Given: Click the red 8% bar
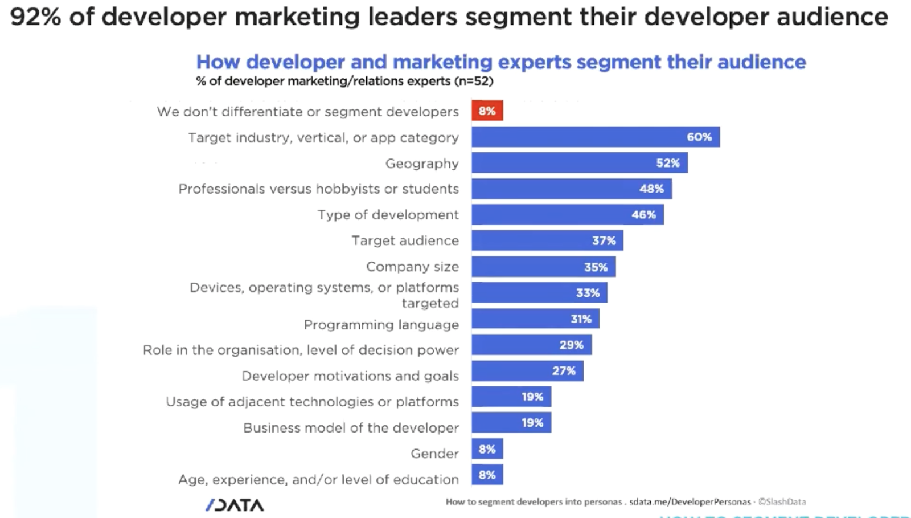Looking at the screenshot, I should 487,111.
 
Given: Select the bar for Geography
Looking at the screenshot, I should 579,163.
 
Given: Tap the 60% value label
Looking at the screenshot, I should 699,137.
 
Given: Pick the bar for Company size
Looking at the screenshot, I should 543,267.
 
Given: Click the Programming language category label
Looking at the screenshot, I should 381,325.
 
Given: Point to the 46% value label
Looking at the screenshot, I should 643,215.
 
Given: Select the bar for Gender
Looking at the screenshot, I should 487,449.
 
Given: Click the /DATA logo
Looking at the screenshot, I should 235,505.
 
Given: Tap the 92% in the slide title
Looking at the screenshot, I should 35,17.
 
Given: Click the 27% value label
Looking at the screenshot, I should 564,371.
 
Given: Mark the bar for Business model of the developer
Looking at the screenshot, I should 511,423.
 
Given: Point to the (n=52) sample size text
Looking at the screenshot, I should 474,81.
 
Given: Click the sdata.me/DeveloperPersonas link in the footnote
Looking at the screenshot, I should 690,502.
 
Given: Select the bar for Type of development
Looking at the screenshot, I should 567,215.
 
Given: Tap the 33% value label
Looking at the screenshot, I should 588,293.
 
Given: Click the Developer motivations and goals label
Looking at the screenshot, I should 350,376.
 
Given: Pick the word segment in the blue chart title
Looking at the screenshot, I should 618,62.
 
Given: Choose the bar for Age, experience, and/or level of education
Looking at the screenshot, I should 487,475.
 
